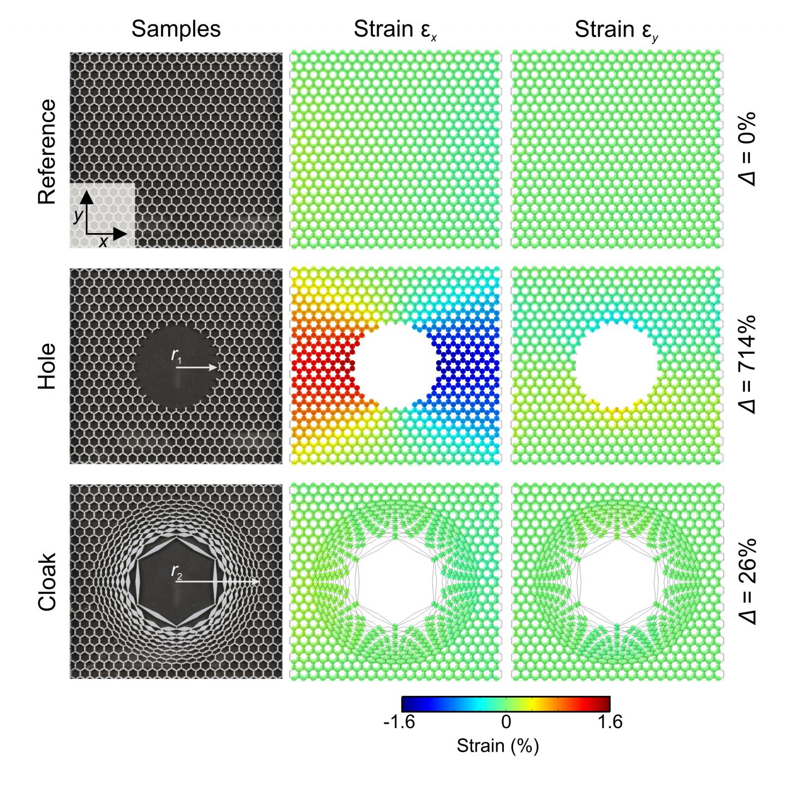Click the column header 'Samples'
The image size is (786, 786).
click(x=176, y=29)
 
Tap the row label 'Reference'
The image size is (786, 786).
click(x=47, y=152)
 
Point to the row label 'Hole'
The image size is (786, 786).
click(x=47, y=366)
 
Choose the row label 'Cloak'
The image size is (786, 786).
click(x=47, y=582)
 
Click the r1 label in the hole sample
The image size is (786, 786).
click(x=176, y=356)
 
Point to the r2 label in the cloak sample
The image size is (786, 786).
click(x=176, y=571)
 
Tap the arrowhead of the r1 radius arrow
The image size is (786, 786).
click(x=214, y=367)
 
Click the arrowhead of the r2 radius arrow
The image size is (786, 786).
click(x=255, y=582)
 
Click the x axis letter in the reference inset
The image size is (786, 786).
click(x=103, y=242)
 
